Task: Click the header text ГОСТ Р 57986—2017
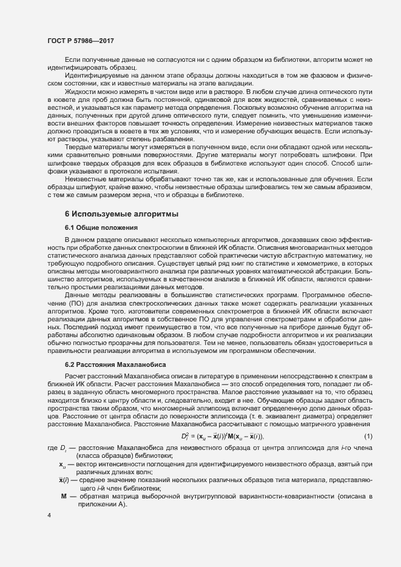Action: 81,41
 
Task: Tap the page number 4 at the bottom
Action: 49,515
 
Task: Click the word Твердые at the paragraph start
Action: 77,147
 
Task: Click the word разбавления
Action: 173,139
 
